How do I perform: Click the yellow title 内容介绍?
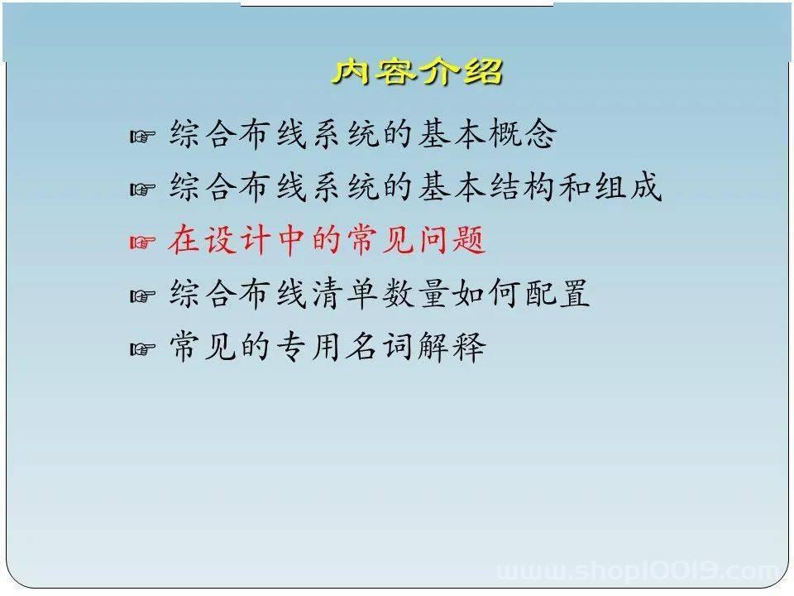click(x=417, y=71)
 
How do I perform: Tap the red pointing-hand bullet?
click(x=142, y=242)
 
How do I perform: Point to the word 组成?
click(x=629, y=187)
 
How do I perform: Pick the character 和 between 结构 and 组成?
click(x=576, y=187)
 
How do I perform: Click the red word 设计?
click(x=237, y=240)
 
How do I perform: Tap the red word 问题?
click(x=452, y=240)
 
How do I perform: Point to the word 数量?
click(x=416, y=293)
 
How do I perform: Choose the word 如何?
click(x=486, y=293)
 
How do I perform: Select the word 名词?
click(x=380, y=347)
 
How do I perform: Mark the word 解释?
click(x=452, y=347)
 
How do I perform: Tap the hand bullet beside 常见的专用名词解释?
click(x=142, y=348)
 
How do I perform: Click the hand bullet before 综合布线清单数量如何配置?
click(x=142, y=296)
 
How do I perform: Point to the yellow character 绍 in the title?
click(x=484, y=71)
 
